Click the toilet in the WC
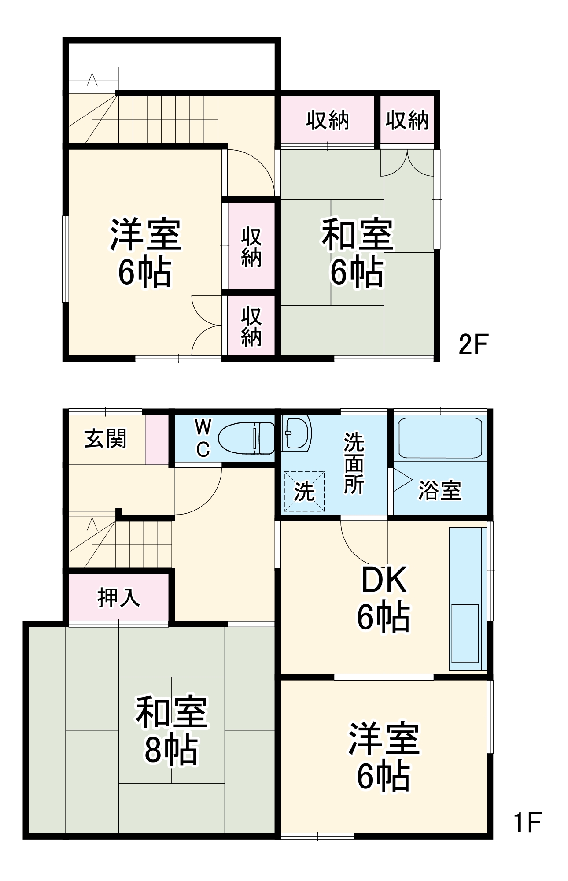pyautogui.click(x=247, y=438)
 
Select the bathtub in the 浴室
pyautogui.click(x=440, y=438)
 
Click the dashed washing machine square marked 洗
pyautogui.click(x=304, y=491)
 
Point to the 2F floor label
pyautogui.click(x=473, y=344)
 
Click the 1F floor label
pyautogui.click(x=527, y=822)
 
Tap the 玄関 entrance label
pyautogui.click(x=106, y=438)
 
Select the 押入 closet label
pyautogui.click(x=118, y=598)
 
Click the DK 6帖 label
pyautogui.click(x=384, y=599)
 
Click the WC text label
pyautogui.click(x=203, y=438)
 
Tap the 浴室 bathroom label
pyautogui.click(x=439, y=490)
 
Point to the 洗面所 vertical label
pyautogui.click(x=354, y=463)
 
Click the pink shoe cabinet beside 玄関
pyautogui.click(x=156, y=439)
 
